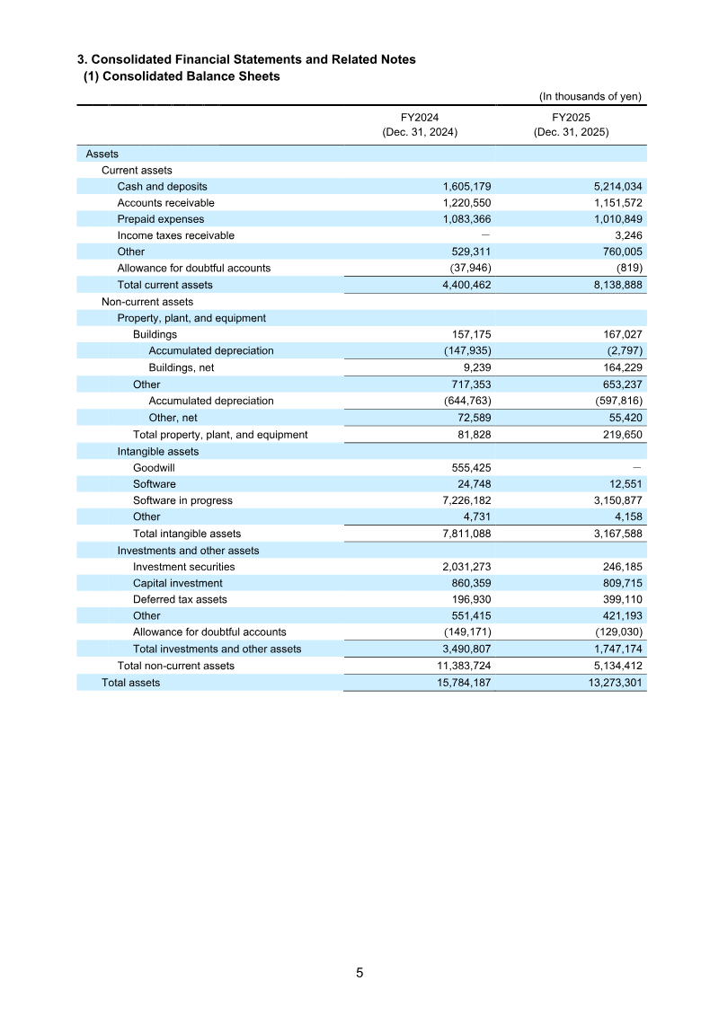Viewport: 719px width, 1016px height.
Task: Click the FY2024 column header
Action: coord(420,124)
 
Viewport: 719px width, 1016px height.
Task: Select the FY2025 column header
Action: coord(571,124)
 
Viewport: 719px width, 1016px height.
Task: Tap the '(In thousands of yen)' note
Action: coord(590,97)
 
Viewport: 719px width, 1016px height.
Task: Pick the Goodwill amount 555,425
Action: coord(466,468)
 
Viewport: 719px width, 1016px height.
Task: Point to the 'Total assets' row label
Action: coord(131,683)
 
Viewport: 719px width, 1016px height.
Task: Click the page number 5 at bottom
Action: coord(359,973)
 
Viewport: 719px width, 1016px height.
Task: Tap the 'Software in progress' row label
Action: coord(182,500)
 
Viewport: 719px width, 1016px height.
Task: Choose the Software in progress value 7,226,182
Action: coord(459,500)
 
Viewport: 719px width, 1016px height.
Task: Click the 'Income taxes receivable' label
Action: coord(176,235)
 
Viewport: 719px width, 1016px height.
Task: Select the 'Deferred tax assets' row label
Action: coord(180,599)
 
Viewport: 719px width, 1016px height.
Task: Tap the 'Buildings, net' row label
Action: coord(182,367)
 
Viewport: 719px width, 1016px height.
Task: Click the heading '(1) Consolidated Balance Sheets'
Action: coord(182,76)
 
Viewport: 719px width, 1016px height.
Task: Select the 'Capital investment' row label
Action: coord(178,583)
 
